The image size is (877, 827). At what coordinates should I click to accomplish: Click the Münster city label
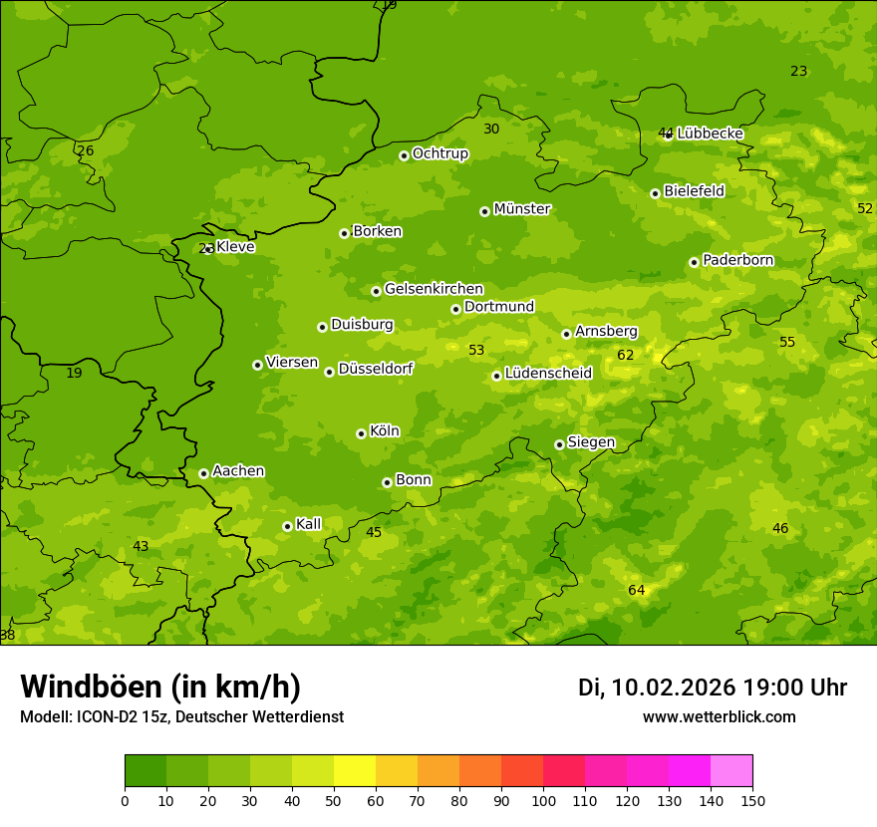pos(522,209)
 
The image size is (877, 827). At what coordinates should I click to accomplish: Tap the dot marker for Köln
pos(361,433)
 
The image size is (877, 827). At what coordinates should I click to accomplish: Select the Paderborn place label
pos(737,260)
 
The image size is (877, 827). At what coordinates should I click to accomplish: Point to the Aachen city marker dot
pos(203,473)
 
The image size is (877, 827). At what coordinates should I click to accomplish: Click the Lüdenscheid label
pos(548,374)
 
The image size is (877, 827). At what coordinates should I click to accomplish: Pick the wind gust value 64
pos(637,591)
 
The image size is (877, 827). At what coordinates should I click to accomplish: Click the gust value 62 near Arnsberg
pos(625,356)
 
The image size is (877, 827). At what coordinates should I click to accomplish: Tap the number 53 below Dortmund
pos(476,350)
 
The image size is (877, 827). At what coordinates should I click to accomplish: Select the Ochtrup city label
pos(439,153)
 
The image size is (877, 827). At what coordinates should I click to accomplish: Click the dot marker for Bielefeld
pos(655,193)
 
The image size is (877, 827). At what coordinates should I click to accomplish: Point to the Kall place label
pos(309,524)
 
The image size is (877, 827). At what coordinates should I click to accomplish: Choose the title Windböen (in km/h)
pos(160,687)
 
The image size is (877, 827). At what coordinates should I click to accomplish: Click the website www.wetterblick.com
pos(719,717)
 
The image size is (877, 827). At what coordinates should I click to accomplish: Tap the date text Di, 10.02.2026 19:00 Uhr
pos(712,688)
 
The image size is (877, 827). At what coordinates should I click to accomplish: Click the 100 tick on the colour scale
pos(543,801)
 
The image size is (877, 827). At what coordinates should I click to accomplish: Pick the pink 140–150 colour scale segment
pos(731,771)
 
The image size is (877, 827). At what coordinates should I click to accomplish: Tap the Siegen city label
pos(591,442)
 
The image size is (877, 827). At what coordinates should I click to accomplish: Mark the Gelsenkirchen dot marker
pos(376,291)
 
